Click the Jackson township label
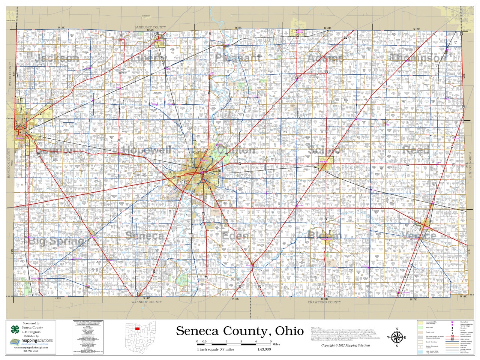[x=57, y=58]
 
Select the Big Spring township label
[x=56, y=241]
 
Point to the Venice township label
[x=419, y=235]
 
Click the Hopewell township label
[x=147, y=150]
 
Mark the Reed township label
[x=416, y=150]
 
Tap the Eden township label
[x=235, y=236]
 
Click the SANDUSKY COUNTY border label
[x=150, y=27]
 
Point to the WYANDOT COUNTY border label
[x=147, y=302]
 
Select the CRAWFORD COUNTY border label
[x=324, y=302]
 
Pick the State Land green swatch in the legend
[x=421, y=327]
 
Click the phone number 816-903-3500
[x=31, y=351]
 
